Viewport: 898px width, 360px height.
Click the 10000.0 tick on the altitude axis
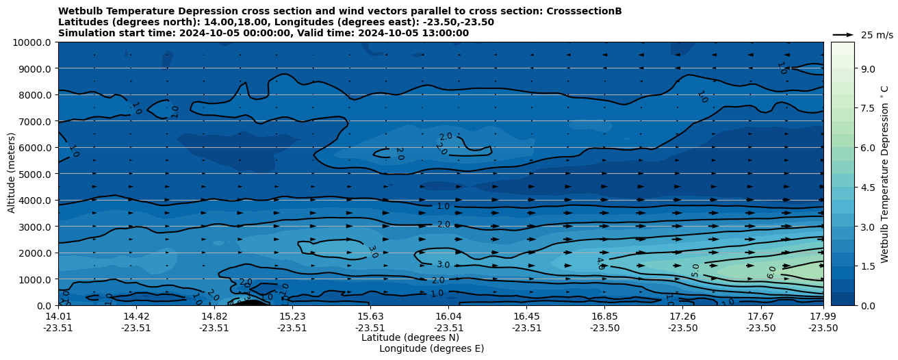click(32, 42)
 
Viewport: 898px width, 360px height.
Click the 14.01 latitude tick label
click(58, 316)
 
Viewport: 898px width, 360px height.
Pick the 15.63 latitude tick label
click(370, 316)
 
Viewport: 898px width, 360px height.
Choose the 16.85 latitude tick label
click(605, 316)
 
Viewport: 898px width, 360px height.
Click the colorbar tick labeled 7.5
click(868, 108)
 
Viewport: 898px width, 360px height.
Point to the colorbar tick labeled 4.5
click(868, 187)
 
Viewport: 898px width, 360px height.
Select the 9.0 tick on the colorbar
click(868, 68)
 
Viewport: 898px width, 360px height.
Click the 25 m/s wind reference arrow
click(843, 34)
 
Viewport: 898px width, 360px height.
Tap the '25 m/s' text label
click(877, 35)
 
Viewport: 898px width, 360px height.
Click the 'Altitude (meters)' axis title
click(12, 174)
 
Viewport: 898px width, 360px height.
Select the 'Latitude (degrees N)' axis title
click(410, 337)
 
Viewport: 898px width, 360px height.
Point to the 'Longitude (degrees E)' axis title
click(431, 348)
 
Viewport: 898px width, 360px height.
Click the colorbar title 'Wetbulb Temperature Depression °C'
click(884, 174)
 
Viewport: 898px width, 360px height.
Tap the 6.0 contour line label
click(772, 272)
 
